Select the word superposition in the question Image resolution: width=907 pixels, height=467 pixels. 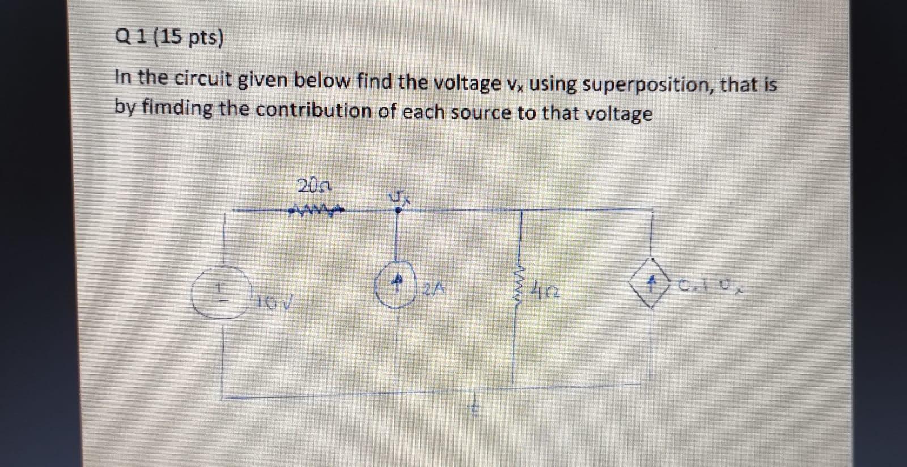pyautogui.click(x=646, y=85)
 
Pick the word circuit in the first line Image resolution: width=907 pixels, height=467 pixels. pyautogui.click(x=202, y=79)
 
